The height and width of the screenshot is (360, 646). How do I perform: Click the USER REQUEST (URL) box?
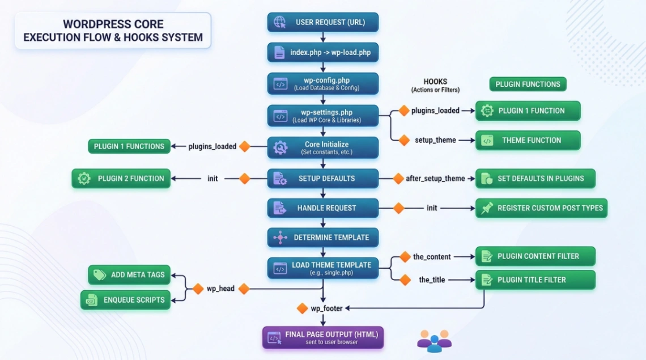click(x=322, y=22)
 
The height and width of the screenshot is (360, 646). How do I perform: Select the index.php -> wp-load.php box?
click(x=322, y=52)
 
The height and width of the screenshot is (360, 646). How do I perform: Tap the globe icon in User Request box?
click(x=280, y=22)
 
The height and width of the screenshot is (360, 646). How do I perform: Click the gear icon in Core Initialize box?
click(x=280, y=148)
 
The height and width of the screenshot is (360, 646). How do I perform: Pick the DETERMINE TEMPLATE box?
click(x=322, y=238)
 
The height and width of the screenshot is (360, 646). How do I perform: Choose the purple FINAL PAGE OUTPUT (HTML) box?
click(x=322, y=337)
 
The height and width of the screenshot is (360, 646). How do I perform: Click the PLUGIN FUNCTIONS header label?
click(x=528, y=84)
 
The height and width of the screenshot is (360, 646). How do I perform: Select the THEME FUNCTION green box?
click(x=528, y=140)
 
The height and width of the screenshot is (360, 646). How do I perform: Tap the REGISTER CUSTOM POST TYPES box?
click(x=541, y=208)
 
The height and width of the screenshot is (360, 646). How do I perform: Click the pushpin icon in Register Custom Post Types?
click(x=487, y=208)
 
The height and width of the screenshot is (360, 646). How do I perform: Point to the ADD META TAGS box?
click(x=130, y=275)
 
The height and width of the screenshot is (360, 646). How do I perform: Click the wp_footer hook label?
click(x=325, y=308)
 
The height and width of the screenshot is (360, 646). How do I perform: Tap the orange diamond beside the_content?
click(x=405, y=257)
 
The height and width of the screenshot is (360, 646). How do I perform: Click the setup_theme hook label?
click(x=435, y=140)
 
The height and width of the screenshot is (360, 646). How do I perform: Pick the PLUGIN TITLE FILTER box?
click(x=535, y=279)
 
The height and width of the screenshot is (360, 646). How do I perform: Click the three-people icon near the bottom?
click(x=434, y=341)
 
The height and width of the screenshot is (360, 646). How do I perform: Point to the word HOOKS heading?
click(x=435, y=82)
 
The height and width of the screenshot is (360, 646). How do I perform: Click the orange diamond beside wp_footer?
click(x=303, y=308)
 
